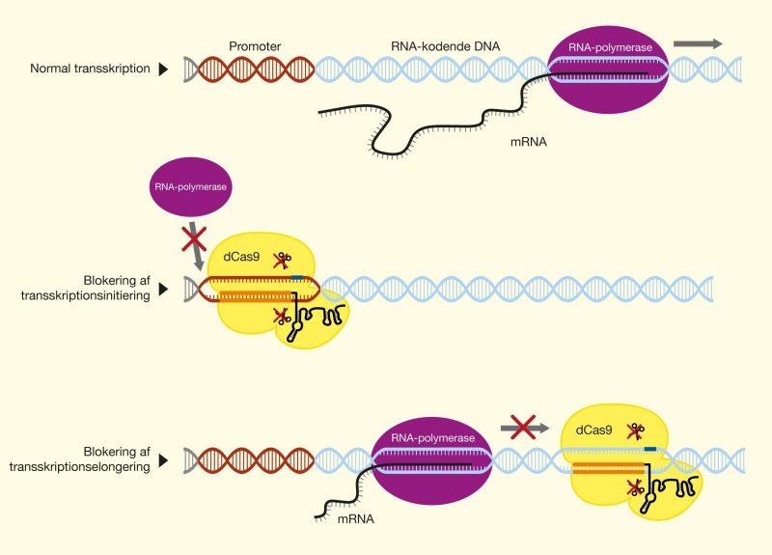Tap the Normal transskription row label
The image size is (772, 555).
point(90,69)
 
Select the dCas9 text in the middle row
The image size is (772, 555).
point(242,258)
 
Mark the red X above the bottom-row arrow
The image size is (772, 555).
point(522,425)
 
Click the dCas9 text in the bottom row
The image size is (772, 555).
point(594,430)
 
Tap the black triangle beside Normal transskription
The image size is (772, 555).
point(164,69)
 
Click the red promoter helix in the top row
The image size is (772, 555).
point(254,69)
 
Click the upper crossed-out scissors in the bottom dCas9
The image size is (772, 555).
point(635,430)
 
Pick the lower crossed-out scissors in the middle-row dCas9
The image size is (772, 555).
point(285,315)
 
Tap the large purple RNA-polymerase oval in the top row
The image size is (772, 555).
point(605,70)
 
